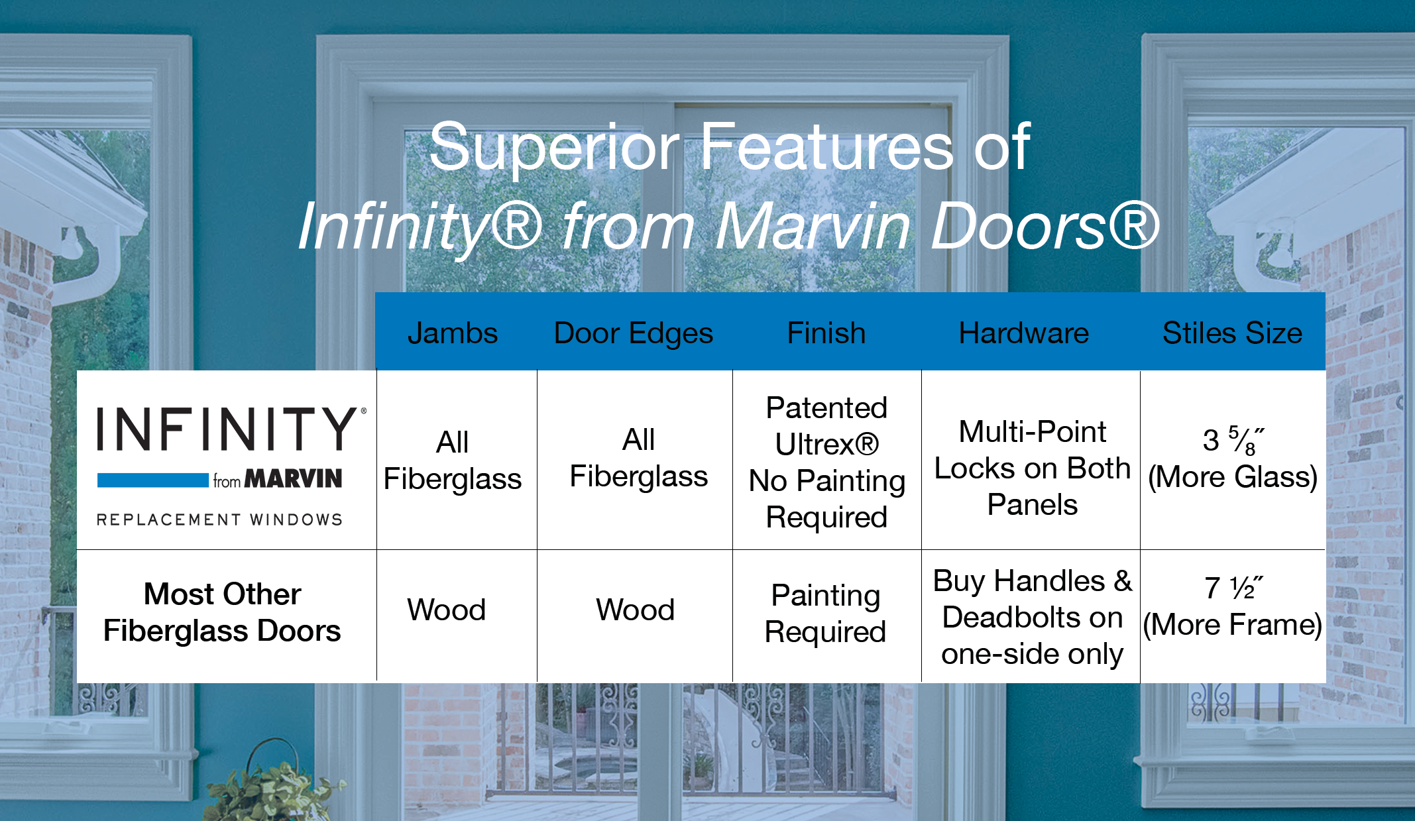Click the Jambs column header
[x=453, y=333]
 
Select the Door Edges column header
[x=634, y=333]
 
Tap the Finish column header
[x=826, y=333]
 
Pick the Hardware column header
[x=1024, y=333]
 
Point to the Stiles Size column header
[x=1232, y=333]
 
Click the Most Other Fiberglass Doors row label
[x=223, y=612]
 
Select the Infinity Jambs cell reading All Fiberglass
[x=453, y=461]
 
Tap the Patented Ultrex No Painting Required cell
[x=826, y=463]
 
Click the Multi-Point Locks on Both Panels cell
[x=1032, y=468]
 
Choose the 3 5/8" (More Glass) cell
[x=1233, y=459]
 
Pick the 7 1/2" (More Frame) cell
[x=1233, y=606]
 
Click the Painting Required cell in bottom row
[x=826, y=614]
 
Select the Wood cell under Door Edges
[x=635, y=610]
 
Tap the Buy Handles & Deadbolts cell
[x=1032, y=617]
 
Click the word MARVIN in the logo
[x=294, y=478]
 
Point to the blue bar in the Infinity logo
[x=153, y=480]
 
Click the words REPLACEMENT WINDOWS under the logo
[x=219, y=520]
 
